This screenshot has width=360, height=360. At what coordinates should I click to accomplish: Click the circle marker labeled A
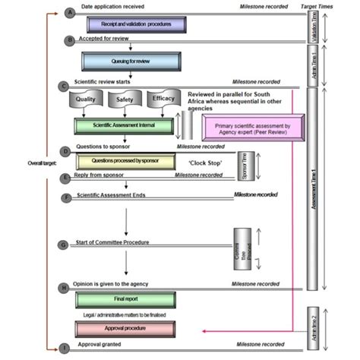pos(71,13)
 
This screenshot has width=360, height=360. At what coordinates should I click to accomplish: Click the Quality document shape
pos(85,99)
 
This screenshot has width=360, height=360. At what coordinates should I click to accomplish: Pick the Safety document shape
pos(124,99)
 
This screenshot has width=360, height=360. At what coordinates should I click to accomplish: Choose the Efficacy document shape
pos(163,99)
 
